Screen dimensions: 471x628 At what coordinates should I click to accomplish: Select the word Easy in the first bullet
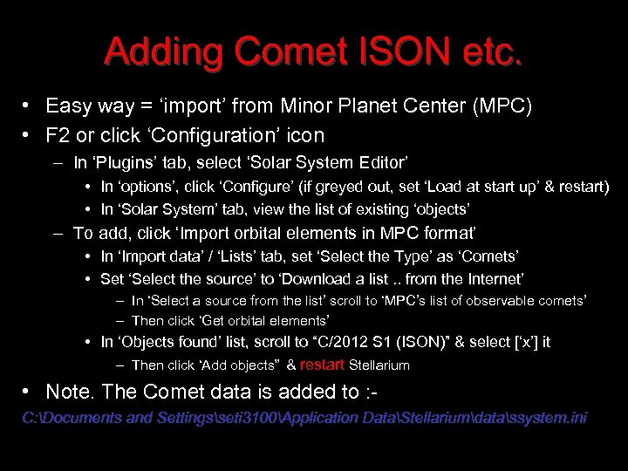[x=69, y=106]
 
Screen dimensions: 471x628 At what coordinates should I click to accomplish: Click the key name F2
[x=58, y=135]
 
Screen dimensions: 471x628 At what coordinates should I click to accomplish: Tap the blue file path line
[x=304, y=418]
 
